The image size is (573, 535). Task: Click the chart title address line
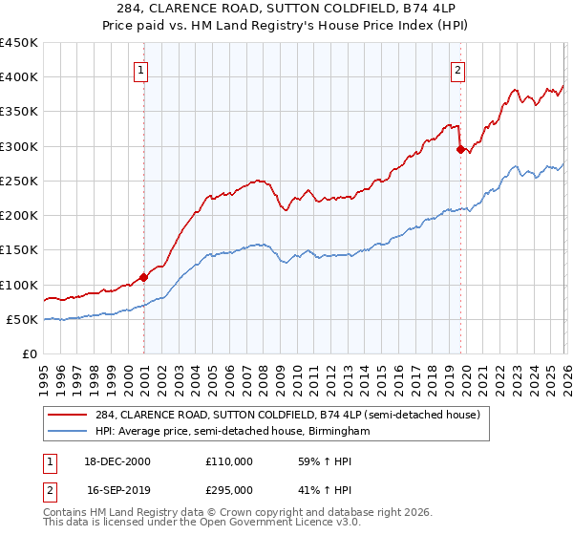(x=286, y=10)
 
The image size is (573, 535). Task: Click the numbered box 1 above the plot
(x=140, y=69)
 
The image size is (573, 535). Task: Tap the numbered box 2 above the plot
(x=458, y=69)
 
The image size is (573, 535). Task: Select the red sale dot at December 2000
(x=144, y=278)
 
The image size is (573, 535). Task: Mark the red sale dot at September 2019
(x=460, y=149)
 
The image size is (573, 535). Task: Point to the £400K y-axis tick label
(x=19, y=77)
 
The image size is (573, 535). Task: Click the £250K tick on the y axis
(x=19, y=181)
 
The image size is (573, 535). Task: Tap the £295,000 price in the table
(x=229, y=489)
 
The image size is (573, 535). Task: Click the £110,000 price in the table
(x=229, y=461)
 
